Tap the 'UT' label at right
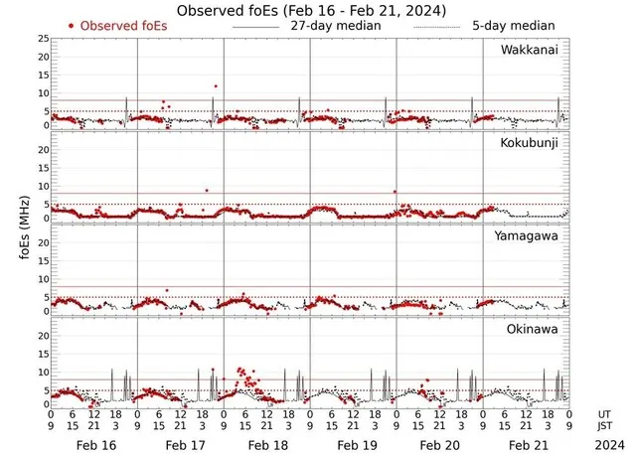coord(605,413)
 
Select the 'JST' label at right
coord(605,427)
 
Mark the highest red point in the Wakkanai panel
coord(215,86)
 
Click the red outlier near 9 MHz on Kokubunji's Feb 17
coord(207,190)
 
